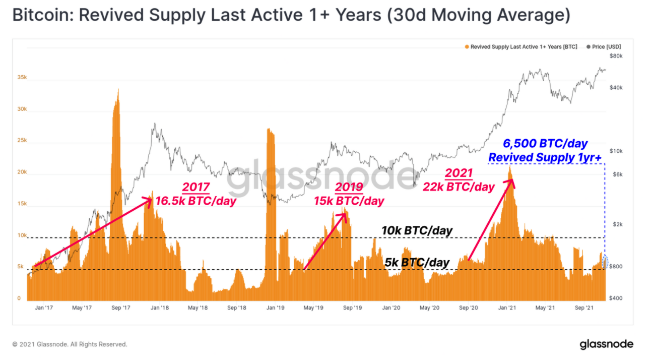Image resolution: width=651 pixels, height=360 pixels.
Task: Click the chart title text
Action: coord(291,16)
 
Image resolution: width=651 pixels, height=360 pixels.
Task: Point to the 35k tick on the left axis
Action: coord(22,78)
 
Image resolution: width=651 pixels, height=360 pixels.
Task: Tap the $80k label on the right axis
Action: coord(616,55)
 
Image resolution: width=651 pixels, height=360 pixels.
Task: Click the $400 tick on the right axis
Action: coord(616,298)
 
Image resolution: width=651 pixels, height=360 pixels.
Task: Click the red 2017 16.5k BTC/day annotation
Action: coord(196,194)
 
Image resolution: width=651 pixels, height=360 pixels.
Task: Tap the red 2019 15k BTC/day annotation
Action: coord(349,194)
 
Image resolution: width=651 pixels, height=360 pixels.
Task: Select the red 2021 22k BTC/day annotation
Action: coord(459,180)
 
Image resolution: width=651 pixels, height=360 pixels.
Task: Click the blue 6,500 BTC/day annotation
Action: coord(545,150)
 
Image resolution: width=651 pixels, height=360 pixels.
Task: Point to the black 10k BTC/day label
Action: coord(417,230)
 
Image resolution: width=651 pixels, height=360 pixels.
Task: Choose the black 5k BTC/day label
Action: coord(417,262)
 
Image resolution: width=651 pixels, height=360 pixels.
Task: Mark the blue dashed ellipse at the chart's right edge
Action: coord(605,260)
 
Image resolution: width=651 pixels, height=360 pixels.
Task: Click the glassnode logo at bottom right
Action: coord(606,344)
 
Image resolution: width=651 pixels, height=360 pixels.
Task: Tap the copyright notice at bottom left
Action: coord(70,344)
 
